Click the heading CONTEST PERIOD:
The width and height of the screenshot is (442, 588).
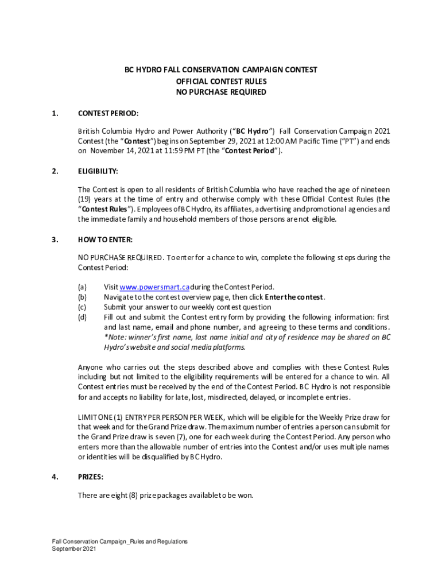click(108, 113)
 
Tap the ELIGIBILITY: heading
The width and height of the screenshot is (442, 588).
click(98, 171)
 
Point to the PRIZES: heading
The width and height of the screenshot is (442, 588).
click(91, 476)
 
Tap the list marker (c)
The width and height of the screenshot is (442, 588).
click(83, 307)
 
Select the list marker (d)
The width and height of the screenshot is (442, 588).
click(83, 318)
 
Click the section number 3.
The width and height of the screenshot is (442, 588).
click(55, 239)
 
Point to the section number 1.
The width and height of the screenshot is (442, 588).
click(55, 113)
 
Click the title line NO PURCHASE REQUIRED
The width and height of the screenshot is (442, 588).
click(221, 92)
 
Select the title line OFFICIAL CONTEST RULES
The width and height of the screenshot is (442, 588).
click(221, 81)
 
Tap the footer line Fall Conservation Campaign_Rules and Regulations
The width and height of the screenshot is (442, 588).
click(119, 541)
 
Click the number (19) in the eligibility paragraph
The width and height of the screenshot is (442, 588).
click(86, 198)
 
